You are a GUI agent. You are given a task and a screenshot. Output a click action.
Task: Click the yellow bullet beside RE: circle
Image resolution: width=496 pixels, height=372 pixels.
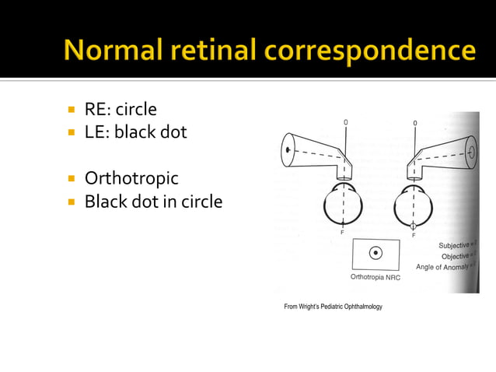point(70,110)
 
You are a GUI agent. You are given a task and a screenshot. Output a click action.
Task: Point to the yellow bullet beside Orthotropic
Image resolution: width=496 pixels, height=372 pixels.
point(70,178)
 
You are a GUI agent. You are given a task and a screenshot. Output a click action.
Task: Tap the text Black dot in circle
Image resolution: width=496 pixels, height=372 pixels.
point(153,202)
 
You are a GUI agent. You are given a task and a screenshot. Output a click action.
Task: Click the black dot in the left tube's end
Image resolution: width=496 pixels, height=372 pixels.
point(288,147)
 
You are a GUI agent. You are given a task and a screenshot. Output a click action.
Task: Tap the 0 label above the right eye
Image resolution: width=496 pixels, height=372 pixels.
point(414,123)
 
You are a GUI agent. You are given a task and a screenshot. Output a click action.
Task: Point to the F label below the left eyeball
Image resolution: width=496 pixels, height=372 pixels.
point(342,233)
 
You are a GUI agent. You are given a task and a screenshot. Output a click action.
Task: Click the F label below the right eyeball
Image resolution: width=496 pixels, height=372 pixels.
point(413,234)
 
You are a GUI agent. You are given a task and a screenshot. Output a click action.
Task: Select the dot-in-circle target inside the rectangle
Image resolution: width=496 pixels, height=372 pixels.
point(375,252)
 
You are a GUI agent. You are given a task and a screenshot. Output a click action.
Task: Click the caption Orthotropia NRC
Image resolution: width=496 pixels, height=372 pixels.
point(375,278)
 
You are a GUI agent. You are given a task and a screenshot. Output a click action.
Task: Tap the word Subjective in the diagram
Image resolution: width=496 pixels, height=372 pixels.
point(457,246)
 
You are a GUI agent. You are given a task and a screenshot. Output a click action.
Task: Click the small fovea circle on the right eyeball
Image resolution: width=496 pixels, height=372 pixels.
point(413,226)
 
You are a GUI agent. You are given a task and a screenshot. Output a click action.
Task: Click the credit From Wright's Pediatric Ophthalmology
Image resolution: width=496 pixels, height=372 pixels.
point(333,307)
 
